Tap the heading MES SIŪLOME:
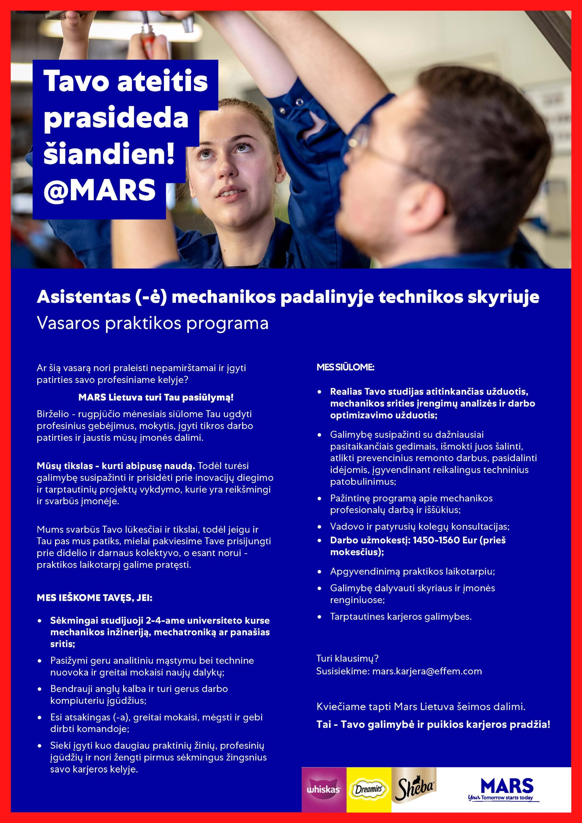(x=345, y=367)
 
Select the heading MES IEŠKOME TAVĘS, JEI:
(x=95, y=598)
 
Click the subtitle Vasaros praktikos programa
(x=152, y=324)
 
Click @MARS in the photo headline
(x=99, y=190)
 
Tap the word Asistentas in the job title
(x=84, y=297)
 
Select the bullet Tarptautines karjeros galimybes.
(x=401, y=617)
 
